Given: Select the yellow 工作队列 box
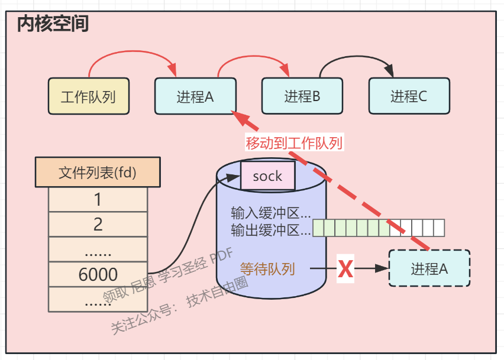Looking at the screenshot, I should point(88,96).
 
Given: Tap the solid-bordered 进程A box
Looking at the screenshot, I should point(195,96).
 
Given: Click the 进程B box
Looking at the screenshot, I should point(302,95).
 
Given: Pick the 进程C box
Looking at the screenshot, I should point(409,96).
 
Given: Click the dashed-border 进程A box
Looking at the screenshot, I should point(429,268).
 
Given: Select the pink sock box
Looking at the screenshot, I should point(267,176).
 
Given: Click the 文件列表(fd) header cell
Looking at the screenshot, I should point(98,173).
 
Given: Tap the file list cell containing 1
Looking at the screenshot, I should point(98,200).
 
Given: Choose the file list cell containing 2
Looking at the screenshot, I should point(98,224).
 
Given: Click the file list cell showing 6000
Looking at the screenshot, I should point(98,274).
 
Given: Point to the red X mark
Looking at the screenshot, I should point(345,270).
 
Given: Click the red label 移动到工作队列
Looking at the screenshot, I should point(294,142).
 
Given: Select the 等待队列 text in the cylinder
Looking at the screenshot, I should point(267,269).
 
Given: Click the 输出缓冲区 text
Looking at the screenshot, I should point(270,230).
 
